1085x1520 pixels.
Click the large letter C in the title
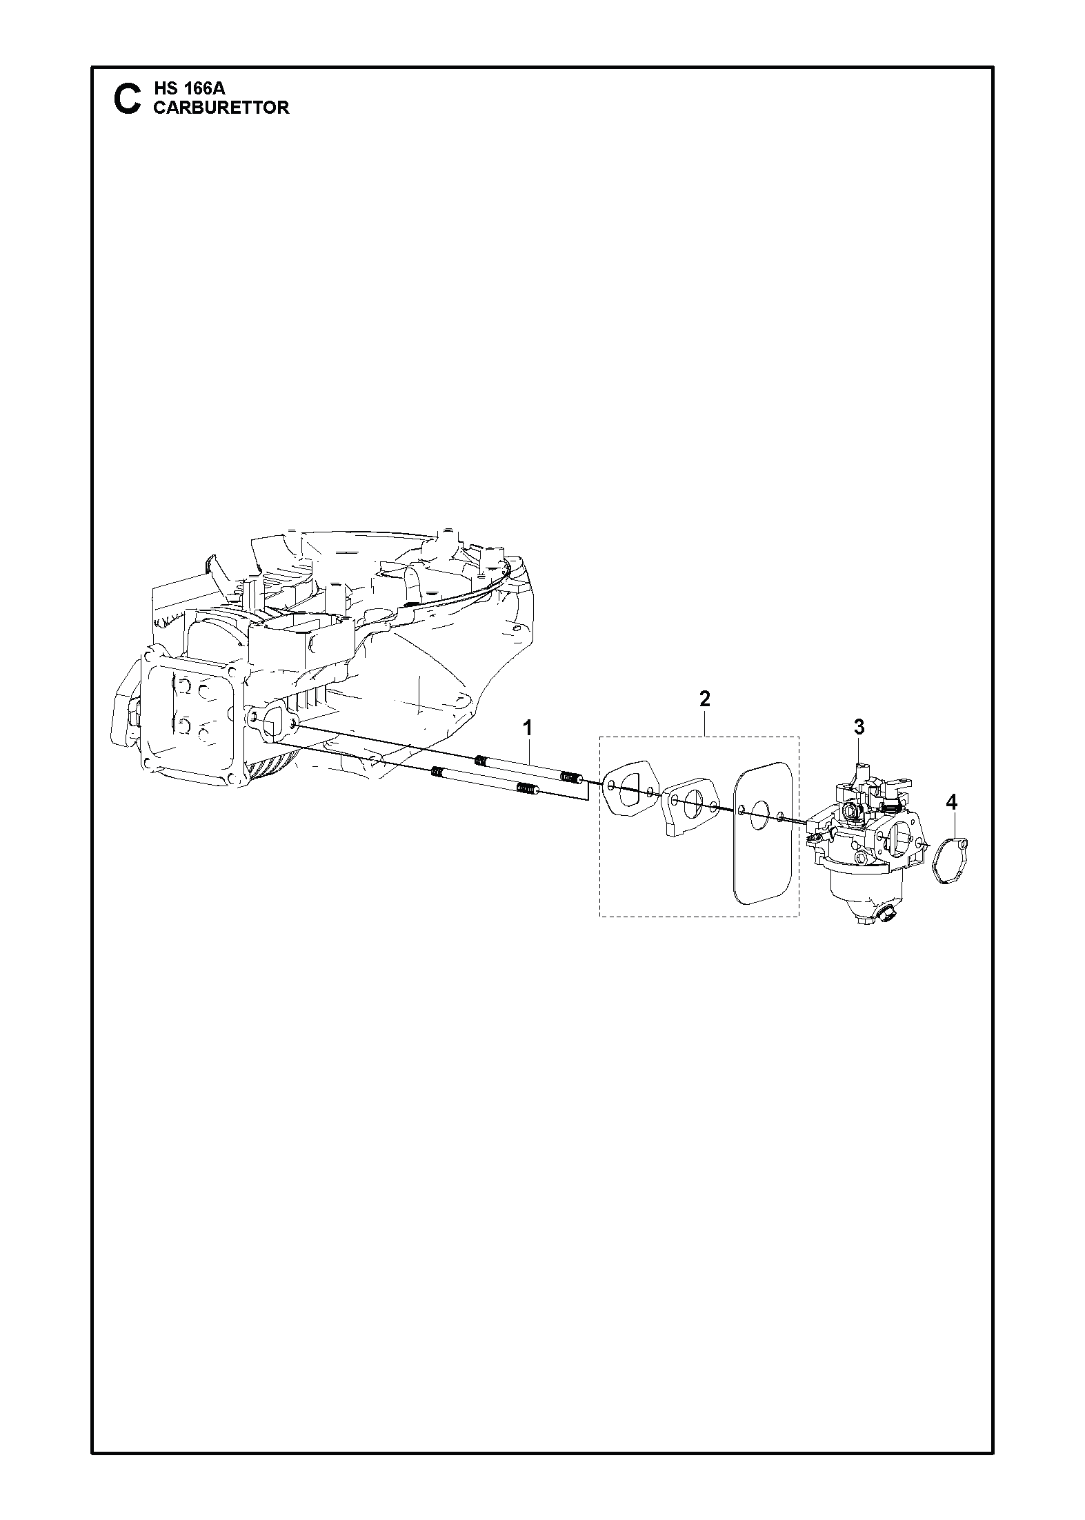coord(126,99)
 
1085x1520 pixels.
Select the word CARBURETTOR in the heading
coord(221,108)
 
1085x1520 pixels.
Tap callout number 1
coord(528,727)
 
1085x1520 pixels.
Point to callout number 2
coord(704,699)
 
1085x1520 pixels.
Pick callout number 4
coord(952,802)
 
